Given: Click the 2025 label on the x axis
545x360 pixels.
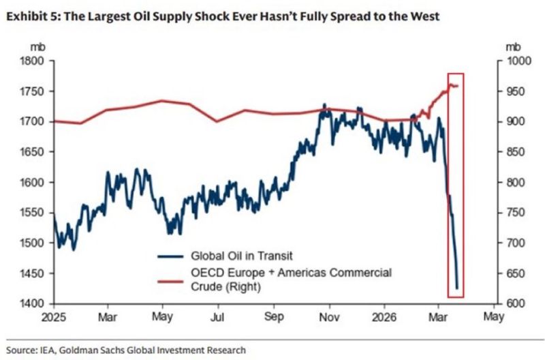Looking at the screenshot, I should tap(52, 317).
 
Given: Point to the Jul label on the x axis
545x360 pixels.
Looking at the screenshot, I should tap(218, 317).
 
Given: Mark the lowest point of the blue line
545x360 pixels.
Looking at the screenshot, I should tap(456, 288).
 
